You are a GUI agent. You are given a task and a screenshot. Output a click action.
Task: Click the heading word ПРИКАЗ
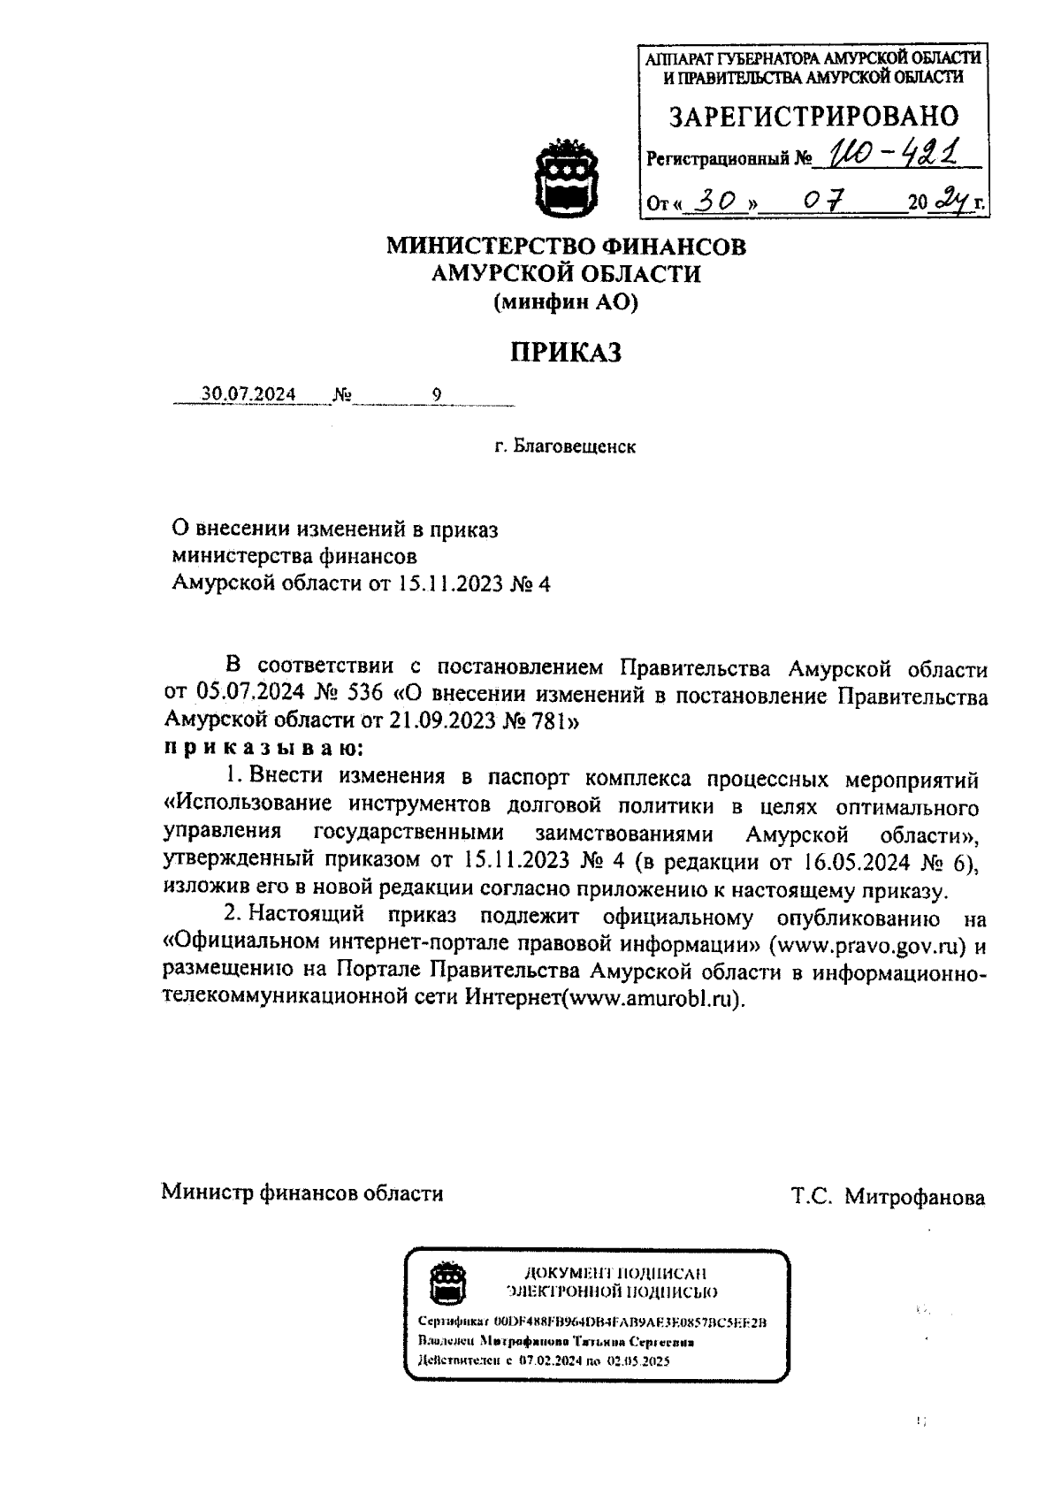566,353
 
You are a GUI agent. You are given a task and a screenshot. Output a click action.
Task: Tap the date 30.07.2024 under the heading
248,394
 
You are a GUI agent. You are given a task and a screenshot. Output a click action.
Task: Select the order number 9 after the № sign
437,394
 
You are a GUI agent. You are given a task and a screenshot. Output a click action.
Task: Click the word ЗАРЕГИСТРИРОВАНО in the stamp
813,117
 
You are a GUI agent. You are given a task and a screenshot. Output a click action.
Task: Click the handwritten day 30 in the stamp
717,202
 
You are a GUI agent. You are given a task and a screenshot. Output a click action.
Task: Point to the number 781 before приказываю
550,720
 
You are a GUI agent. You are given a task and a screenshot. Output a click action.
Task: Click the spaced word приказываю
263,748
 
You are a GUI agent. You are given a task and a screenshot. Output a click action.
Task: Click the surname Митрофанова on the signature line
914,1198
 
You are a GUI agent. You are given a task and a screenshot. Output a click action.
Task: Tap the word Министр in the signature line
207,1193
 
